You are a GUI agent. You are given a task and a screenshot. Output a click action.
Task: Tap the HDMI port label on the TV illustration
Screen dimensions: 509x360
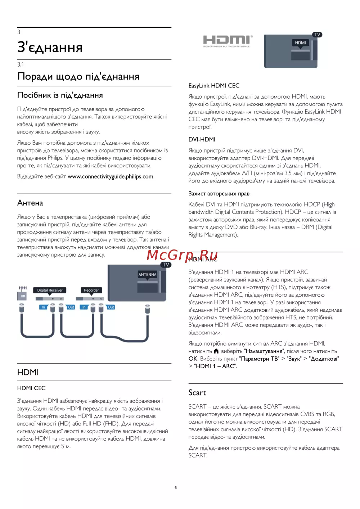tap(300, 43)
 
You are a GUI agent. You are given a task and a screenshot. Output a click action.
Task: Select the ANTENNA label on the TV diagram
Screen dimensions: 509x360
tap(147, 275)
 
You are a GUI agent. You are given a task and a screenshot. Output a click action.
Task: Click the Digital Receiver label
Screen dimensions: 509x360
tap(50, 290)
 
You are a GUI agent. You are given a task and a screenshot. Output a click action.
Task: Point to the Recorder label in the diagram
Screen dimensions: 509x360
tap(91, 290)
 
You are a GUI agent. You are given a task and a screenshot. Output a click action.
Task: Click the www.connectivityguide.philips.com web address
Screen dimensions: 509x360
tap(111, 177)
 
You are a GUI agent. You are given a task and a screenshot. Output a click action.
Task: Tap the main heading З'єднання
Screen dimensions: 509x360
tap(50, 48)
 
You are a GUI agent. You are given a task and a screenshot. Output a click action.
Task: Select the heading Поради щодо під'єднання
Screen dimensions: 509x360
tap(78, 77)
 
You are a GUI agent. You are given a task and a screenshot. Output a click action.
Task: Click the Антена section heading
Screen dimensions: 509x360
tap(30, 203)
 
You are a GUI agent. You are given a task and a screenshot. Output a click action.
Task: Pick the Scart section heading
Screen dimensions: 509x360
tap(197, 393)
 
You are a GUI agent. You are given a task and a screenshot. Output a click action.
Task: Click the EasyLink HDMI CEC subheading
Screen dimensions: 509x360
tap(214, 86)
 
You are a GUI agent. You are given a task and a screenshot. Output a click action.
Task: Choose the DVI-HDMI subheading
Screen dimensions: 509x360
tap(202, 140)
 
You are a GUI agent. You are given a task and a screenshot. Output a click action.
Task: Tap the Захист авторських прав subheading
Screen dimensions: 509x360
tap(219, 194)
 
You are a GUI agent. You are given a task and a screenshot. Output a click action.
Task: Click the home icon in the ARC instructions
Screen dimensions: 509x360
tap(216, 351)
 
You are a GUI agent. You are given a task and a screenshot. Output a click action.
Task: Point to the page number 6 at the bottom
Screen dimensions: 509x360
tap(176, 488)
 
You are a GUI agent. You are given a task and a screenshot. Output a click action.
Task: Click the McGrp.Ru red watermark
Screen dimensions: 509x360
tap(182, 255)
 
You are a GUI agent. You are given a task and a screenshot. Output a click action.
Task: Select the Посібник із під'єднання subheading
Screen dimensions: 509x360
tap(60, 95)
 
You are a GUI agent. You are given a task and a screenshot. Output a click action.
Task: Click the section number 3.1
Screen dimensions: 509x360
tap(21, 64)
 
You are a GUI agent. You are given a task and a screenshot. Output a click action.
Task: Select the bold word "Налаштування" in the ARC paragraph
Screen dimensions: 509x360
tap(264, 351)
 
